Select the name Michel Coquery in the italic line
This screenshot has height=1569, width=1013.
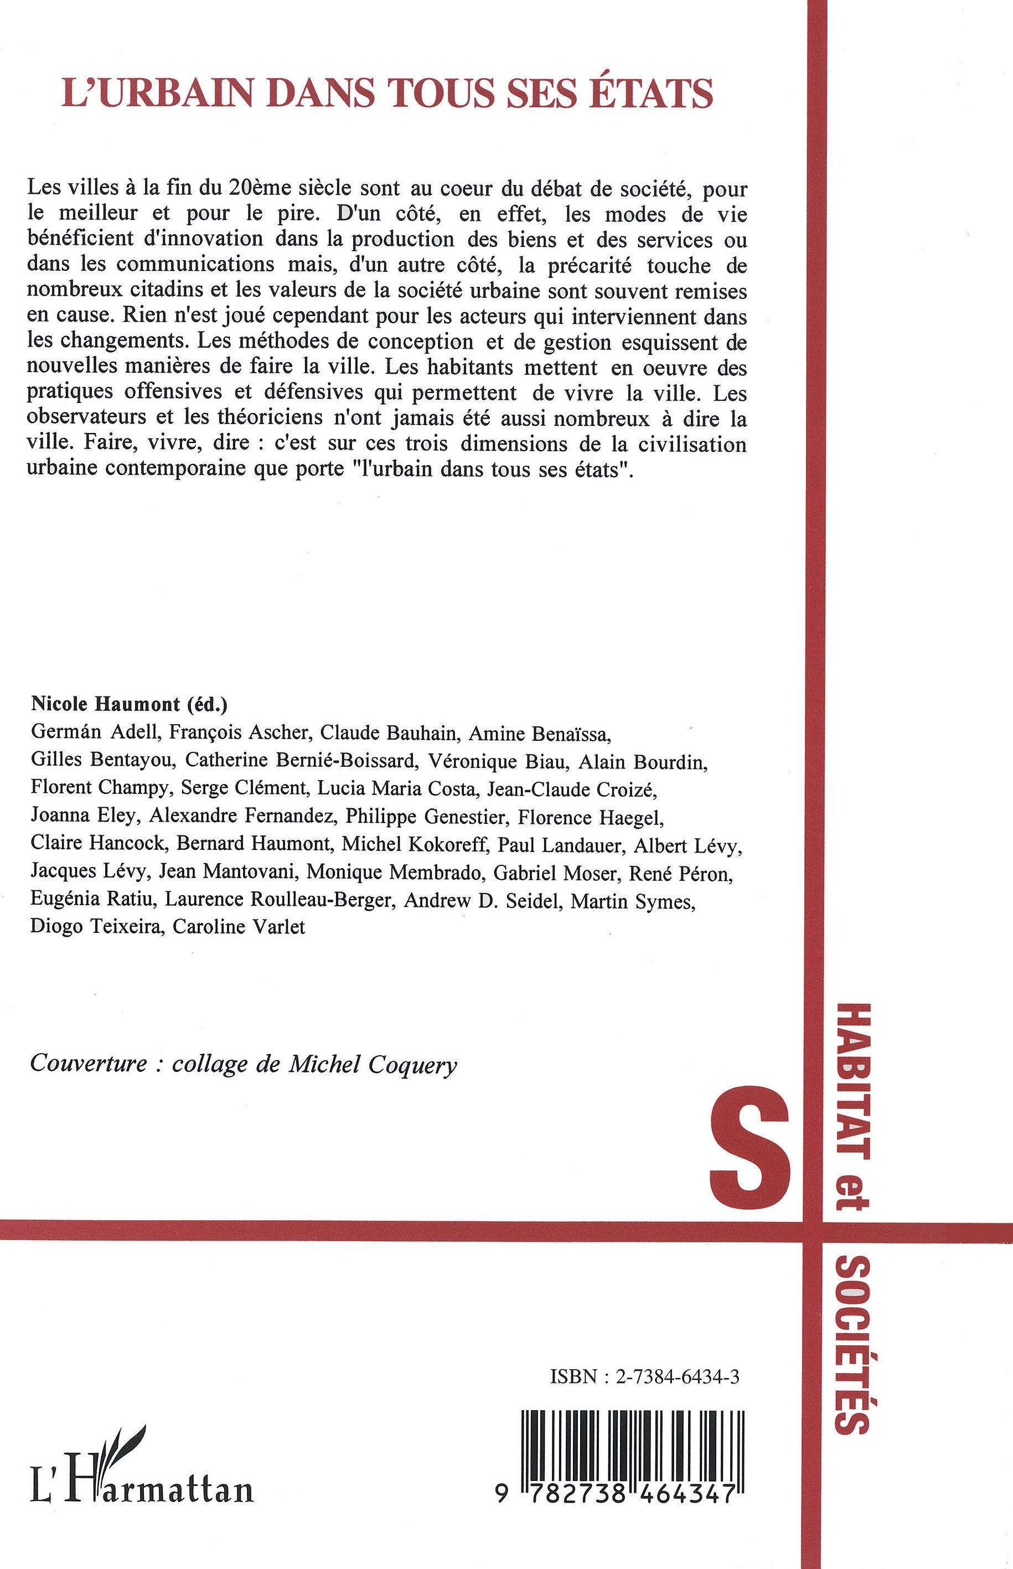373,1064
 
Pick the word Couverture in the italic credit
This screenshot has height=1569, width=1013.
89,1064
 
